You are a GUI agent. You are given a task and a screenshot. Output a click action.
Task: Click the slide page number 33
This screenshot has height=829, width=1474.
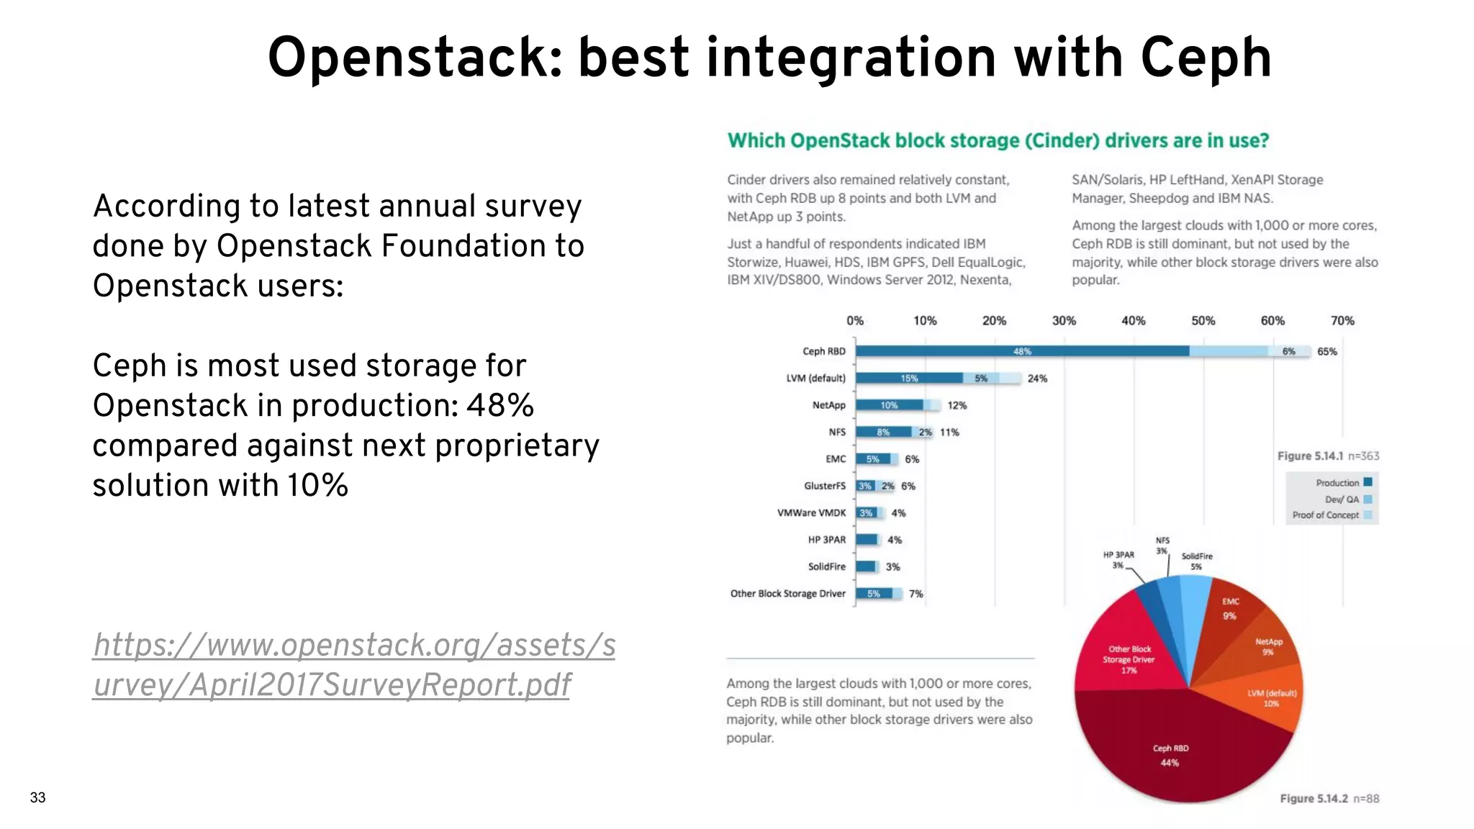(x=37, y=797)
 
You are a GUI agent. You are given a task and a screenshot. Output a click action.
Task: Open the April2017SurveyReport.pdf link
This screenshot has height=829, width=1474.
(x=353, y=664)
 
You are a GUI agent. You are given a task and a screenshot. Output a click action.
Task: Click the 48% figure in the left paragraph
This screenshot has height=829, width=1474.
(x=499, y=406)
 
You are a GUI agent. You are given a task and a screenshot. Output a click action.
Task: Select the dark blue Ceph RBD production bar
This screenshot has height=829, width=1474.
(x=1022, y=351)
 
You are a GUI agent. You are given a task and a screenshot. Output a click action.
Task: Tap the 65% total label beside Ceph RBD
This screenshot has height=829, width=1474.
(x=1326, y=352)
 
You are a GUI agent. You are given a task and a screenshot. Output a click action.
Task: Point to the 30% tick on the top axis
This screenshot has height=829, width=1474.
(x=1064, y=321)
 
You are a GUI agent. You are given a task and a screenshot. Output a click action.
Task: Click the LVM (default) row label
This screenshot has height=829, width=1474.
(x=815, y=379)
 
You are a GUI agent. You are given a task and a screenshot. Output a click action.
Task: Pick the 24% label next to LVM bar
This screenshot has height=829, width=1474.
(x=1036, y=379)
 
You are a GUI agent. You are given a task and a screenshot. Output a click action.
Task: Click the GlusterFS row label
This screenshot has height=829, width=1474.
(x=824, y=486)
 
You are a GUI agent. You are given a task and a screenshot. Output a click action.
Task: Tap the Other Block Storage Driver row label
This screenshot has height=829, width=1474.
(x=787, y=594)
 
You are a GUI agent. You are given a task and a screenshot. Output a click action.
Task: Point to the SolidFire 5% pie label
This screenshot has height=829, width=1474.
(x=1196, y=561)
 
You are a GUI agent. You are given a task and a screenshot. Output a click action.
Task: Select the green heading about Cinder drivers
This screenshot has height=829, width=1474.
(x=998, y=140)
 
